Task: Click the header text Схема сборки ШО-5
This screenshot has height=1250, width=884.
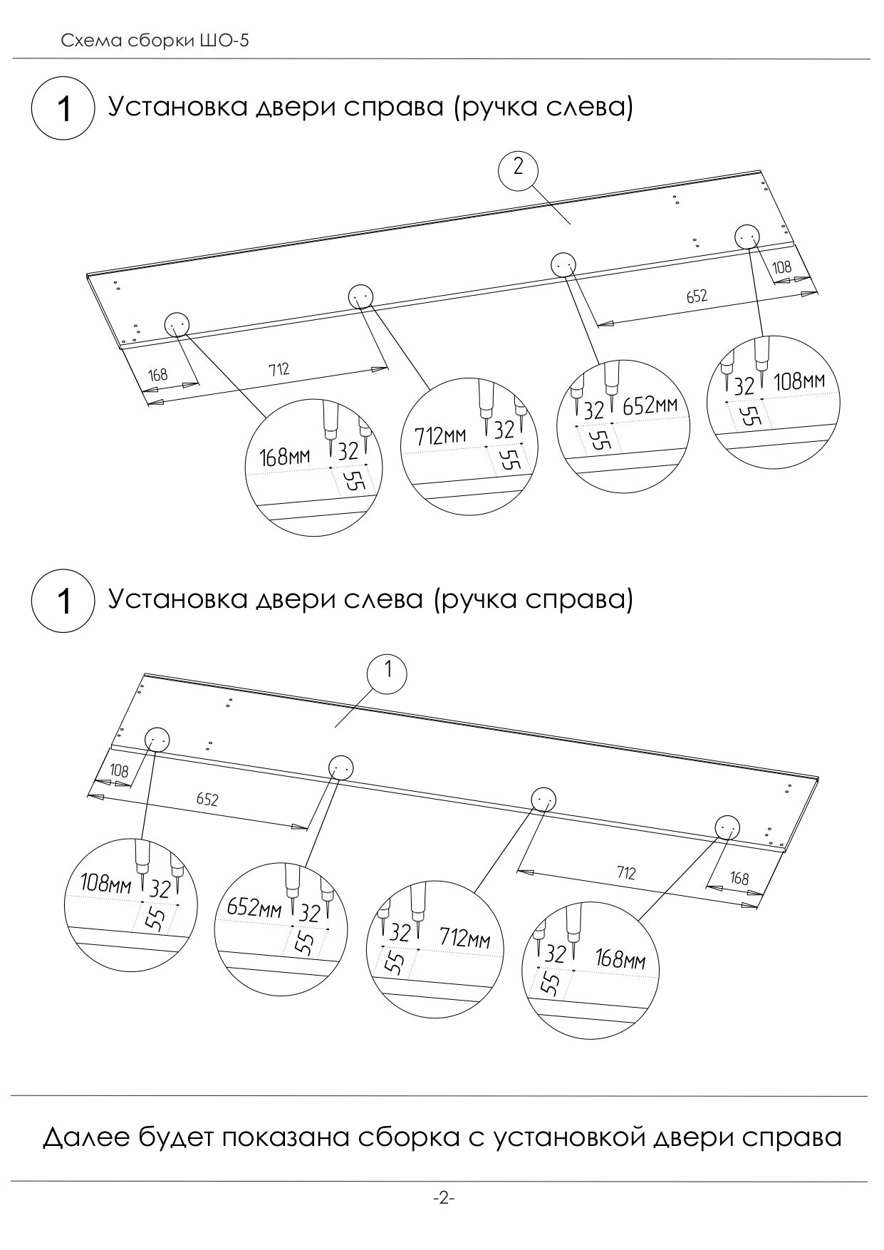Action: point(155,41)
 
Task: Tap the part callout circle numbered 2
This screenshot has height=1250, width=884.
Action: point(518,168)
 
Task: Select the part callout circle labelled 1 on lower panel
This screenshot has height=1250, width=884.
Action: point(388,671)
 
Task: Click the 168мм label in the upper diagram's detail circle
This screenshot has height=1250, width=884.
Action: point(285,455)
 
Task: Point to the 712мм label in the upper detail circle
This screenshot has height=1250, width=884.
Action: point(440,435)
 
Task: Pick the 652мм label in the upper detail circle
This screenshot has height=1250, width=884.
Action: point(649,406)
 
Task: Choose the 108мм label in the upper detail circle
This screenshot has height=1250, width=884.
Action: point(799,382)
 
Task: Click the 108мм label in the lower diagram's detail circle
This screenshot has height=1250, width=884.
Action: point(105,884)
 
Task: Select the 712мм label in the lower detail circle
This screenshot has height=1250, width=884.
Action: point(464,937)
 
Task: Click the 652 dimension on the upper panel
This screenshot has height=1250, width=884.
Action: point(697,296)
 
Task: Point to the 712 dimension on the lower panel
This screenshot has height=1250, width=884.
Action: point(625,872)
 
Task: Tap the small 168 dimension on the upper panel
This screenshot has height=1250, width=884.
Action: point(157,374)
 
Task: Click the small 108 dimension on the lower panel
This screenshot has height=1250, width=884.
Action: point(119,770)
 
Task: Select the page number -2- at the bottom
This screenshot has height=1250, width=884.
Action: point(443,1198)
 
